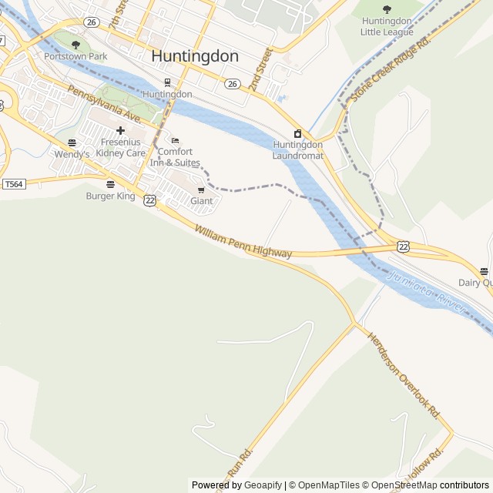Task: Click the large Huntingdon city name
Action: (195, 56)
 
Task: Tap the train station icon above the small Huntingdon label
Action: (167, 82)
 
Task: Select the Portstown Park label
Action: (75, 56)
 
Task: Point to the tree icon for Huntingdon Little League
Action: (387, 9)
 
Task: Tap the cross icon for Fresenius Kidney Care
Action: (120, 131)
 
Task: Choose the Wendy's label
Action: (72, 154)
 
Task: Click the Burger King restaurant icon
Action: (110, 184)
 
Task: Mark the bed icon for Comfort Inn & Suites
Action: (175, 140)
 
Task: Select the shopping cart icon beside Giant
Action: (201, 189)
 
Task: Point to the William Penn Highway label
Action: (243, 242)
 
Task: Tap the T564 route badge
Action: (13, 184)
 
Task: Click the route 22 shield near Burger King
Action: (149, 200)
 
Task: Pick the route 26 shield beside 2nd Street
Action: (232, 83)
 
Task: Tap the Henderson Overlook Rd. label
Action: (403, 375)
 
